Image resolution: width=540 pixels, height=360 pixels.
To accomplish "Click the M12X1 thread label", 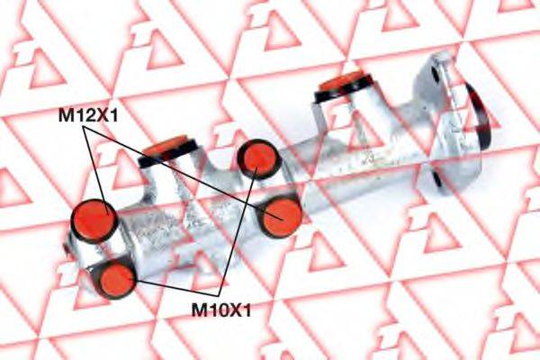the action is click(x=88, y=115).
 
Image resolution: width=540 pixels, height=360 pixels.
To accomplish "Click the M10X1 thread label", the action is click(x=221, y=310).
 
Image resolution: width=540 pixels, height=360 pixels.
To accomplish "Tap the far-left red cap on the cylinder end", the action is click(x=94, y=220).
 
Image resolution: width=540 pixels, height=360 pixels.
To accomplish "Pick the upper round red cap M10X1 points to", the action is click(x=259, y=158).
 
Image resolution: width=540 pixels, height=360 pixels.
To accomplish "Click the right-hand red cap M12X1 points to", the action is click(x=282, y=217).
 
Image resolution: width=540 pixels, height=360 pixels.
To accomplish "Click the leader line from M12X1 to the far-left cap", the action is click(x=96, y=171).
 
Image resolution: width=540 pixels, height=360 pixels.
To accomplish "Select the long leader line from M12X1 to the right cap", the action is click(x=184, y=173).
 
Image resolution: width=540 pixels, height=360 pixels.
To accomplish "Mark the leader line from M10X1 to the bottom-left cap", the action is click(x=176, y=288).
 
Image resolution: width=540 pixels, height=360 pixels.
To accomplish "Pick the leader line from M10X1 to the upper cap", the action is click(x=238, y=231).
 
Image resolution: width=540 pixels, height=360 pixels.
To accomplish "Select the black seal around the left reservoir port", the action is click(x=169, y=154).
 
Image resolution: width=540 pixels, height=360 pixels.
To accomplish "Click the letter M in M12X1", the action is click(x=66, y=115).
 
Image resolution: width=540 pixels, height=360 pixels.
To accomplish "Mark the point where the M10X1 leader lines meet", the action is click(x=219, y=296).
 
